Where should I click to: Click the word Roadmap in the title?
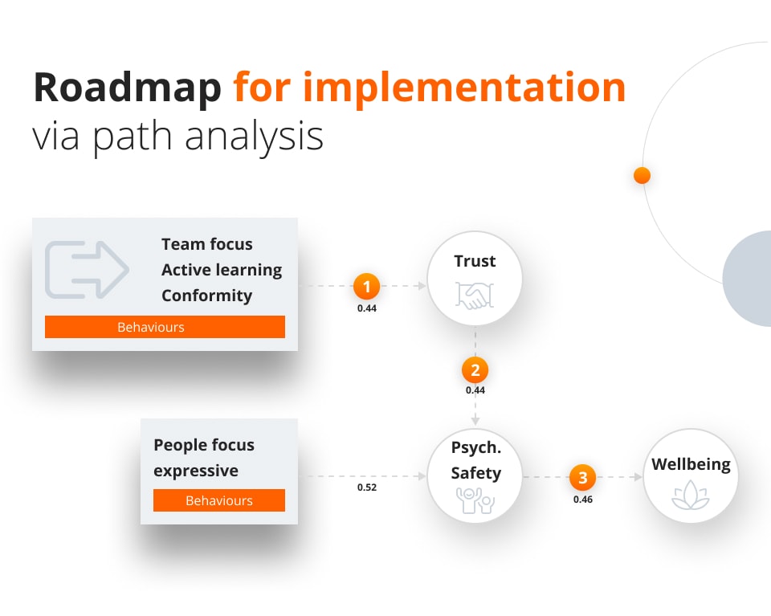coord(127,88)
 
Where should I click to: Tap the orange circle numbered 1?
coord(366,286)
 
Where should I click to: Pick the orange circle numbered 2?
coord(475,370)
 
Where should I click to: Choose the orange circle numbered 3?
coord(582,478)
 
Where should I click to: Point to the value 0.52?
coord(367,487)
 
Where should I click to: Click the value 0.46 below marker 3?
coord(582,500)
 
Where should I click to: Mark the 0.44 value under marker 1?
coord(366,307)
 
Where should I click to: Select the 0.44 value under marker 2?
coord(475,390)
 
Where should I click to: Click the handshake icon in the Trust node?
coord(475,296)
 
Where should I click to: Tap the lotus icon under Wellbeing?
coord(690,496)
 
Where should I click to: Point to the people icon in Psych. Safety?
coord(475,501)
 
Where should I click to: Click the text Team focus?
coord(206,244)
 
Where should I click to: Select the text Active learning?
coord(222,270)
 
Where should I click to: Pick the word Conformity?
coord(206,296)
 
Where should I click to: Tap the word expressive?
coord(196,471)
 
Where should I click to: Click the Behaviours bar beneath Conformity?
coord(165,327)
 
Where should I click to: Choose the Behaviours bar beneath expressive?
coord(218,500)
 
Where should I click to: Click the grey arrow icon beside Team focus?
coord(87,268)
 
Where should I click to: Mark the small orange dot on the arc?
coord(642,175)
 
